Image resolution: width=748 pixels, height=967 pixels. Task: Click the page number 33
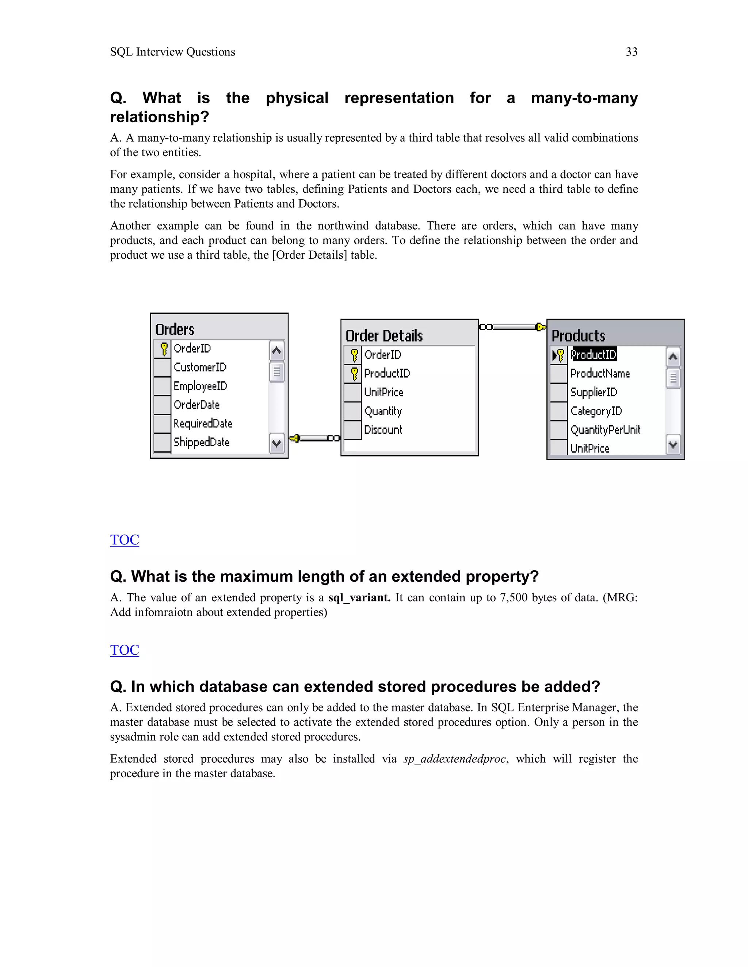pos(631,52)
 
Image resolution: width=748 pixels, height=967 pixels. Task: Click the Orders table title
pos(175,330)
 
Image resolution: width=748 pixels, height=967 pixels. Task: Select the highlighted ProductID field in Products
pos(594,355)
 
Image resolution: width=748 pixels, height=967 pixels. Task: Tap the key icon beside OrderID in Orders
pos(164,348)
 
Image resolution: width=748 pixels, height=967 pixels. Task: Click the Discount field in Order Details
pos(383,429)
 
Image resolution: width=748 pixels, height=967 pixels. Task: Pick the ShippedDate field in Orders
pos(201,442)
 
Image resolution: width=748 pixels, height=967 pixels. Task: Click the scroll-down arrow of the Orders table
pos(276,443)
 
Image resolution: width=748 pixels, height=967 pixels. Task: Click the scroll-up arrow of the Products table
pos(673,357)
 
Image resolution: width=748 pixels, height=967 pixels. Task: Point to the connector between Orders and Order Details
pos(314,438)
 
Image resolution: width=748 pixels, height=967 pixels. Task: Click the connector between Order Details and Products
pos(513,327)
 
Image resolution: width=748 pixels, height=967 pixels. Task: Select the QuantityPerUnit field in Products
pos(605,429)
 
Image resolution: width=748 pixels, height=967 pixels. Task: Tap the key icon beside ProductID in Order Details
pos(354,374)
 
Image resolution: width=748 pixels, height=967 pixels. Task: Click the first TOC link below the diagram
pos(125,540)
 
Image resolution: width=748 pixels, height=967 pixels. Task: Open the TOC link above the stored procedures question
pos(125,650)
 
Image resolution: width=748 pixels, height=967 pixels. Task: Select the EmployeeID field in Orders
pos(200,386)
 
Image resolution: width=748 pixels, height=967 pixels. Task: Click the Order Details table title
pos(384,336)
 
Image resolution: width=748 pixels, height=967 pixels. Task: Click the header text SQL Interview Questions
pos(172,52)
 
